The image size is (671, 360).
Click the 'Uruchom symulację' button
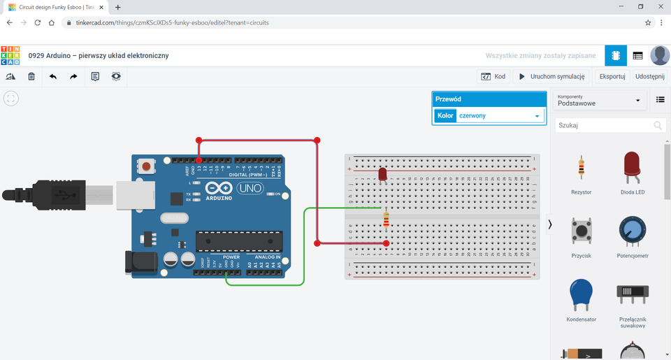point(552,76)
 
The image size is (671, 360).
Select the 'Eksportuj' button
point(612,76)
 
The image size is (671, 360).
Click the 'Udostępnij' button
point(649,76)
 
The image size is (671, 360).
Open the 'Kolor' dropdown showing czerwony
point(499,116)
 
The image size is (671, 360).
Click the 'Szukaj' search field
point(603,126)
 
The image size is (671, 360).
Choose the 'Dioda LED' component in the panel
point(633,168)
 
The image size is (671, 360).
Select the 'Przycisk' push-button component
point(581,231)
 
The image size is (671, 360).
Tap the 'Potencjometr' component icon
point(633,231)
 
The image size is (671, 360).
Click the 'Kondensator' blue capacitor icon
point(581,295)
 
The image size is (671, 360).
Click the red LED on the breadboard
point(382,173)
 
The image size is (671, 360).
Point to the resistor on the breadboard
point(387,221)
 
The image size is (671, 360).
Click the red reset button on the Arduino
point(147,166)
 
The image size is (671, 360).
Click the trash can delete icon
point(31,76)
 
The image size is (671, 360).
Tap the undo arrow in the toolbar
point(52,76)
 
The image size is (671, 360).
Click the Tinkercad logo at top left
point(10,56)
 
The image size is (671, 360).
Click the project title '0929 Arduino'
point(98,56)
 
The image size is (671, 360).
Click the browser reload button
point(38,22)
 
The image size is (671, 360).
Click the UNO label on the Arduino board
point(250,188)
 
